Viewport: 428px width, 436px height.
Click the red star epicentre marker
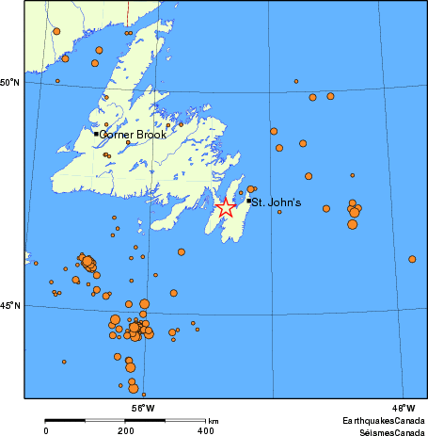(226, 208)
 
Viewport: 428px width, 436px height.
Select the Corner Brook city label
(133, 135)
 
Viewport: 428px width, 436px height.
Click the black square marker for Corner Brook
(96, 134)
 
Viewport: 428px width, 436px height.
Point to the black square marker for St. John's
(248, 201)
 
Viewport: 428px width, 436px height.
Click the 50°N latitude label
(10, 83)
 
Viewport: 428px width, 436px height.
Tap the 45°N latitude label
(10, 306)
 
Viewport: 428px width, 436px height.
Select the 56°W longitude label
(143, 408)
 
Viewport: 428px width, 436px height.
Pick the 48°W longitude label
(403, 408)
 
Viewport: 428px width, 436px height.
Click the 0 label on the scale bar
(46, 429)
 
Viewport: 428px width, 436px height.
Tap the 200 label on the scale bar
(126, 429)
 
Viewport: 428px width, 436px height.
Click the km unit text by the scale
(214, 420)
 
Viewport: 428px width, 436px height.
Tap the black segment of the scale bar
(86, 419)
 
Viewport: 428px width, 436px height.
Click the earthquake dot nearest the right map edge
(412, 259)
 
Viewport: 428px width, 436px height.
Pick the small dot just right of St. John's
(279, 212)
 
